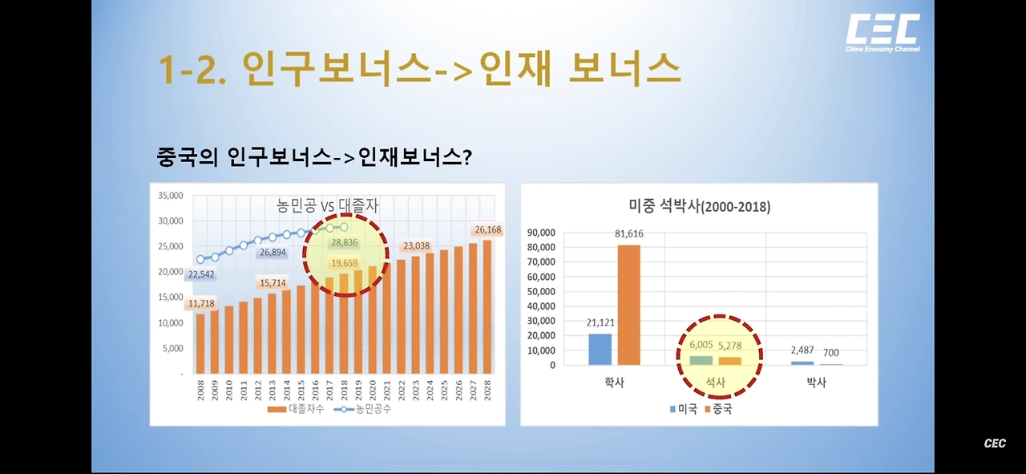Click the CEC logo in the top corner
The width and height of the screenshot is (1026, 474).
[x=883, y=33]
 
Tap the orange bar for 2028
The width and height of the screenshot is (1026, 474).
[x=487, y=306]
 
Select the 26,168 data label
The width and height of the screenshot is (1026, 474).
[x=488, y=229]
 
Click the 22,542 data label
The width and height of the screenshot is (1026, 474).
[x=201, y=274]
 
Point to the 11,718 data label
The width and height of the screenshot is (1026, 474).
[x=201, y=303]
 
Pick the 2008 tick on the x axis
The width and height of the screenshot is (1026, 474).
[x=200, y=390]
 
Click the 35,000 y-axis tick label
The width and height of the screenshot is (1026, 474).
[x=171, y=196]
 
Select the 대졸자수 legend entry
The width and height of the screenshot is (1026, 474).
[x=296, y=409]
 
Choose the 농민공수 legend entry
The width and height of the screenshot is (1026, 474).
[x=363, y=409]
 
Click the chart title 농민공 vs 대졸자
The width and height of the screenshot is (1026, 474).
[x=328, y=205]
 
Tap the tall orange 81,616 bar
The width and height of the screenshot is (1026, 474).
[x=629, y=305]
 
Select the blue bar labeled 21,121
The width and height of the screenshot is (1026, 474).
[x=600, y=350]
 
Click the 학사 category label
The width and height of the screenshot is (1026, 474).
[x=614, y=383]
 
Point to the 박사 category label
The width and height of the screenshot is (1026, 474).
[x=816, y=383]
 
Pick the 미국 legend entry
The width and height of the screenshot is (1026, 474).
[x=684, y=409]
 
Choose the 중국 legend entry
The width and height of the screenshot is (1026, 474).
[x=719, y=409]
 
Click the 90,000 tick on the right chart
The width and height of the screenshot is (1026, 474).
[x=541, y=233]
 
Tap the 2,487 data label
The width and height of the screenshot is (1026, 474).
[x=802, y=350]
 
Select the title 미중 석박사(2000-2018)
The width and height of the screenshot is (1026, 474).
[x=700, y=206]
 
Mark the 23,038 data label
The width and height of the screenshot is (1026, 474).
[x=416, y=245]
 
